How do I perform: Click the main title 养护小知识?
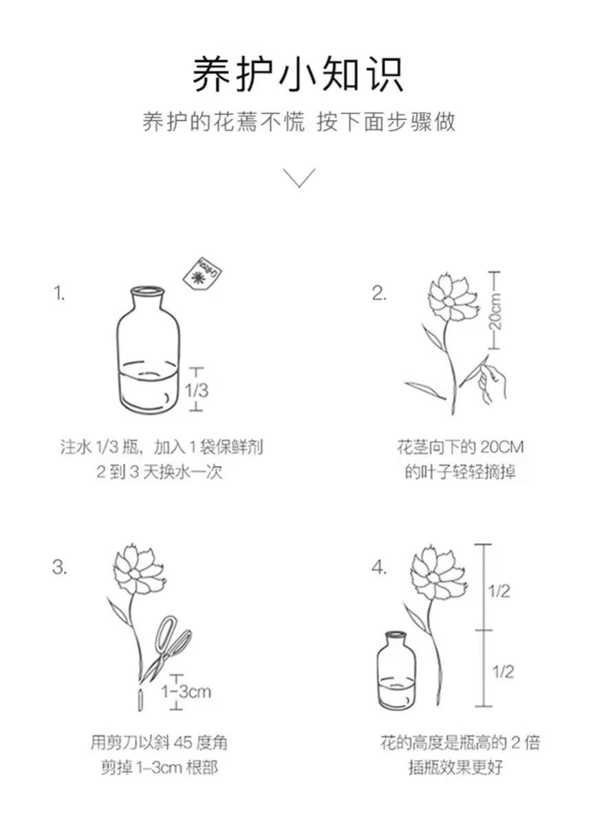click(x=298, y=74)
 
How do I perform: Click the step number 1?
click(x=59, y=293)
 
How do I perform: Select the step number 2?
click(x=379, y=293)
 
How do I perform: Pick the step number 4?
click(x=379, y=567)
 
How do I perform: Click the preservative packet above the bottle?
click(x=203, y=274)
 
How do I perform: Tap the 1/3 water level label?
click(x=197, y=390)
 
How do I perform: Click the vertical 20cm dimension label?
click(x=495, y=310)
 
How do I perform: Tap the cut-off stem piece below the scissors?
click(x=140, y=700)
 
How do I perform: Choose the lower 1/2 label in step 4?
click(x=503, y=671)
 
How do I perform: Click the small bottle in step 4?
click(x=397, y=670)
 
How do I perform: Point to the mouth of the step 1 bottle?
click(x=147, y=290)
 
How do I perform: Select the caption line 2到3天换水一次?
click(x=160, y=472)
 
